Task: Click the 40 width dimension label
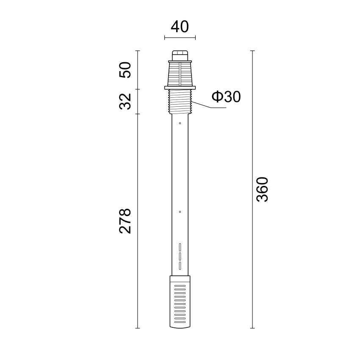coord(180,27)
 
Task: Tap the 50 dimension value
coord(125,70)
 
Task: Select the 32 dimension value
coord(125,102)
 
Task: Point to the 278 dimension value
coord(125,222)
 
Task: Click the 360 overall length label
coord(262,189)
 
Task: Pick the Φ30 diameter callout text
coord(226,97)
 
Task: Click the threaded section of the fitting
coord(180,102)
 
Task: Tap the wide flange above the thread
coord(180,88)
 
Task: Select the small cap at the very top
coord(180,55)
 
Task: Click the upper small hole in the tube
coord(180,123)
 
